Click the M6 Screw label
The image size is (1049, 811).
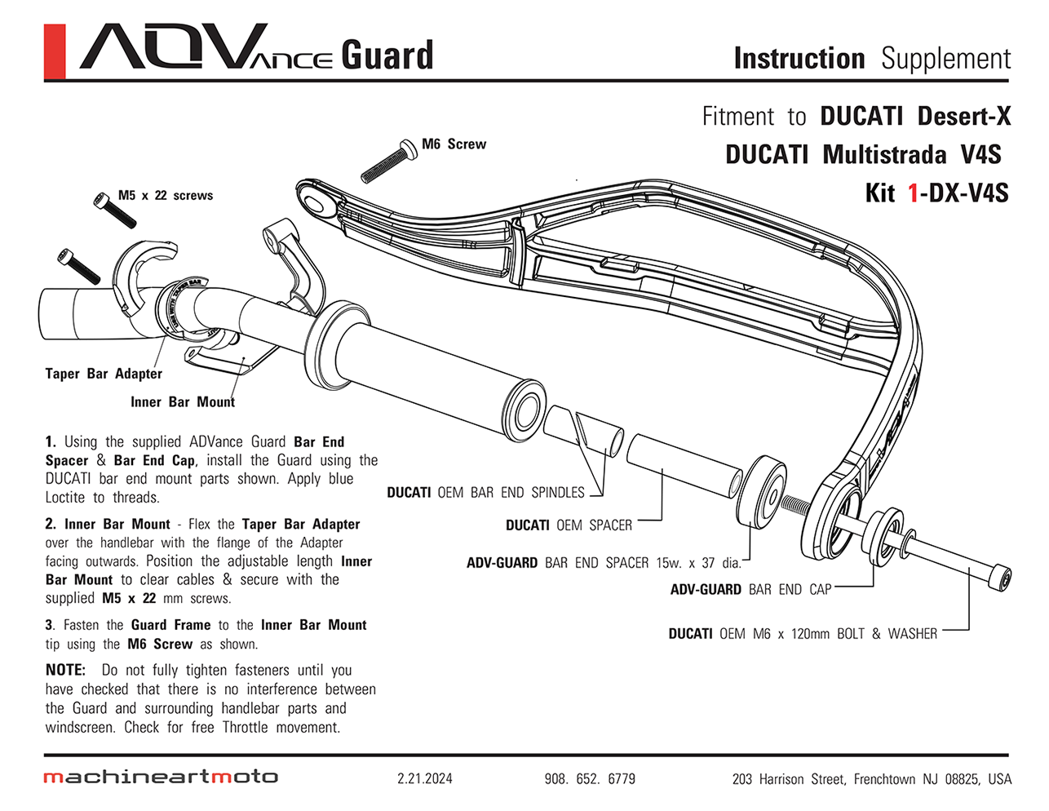[454, 144]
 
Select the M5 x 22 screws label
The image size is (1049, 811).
[166, 196]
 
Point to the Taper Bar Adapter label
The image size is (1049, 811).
[104, 374]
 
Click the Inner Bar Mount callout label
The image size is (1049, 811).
[183, 401]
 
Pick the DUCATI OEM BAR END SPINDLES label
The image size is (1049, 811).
[485, 493]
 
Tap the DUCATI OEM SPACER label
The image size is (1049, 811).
[569, 525]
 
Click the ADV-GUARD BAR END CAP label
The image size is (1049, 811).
[750, 589]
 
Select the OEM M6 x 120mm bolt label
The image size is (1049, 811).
[803, 634]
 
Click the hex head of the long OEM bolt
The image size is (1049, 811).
[1000, 578]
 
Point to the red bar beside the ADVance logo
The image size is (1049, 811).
[55, 52]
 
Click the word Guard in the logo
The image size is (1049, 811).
[387, 55]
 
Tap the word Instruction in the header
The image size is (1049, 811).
[799, 59]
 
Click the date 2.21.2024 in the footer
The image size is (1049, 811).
[424, 778]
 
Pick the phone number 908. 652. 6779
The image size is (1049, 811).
[590, 778]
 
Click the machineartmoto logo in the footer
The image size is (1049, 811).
[161, 777]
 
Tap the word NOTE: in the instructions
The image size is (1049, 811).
[65, 670]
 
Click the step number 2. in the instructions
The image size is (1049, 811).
[51, 524]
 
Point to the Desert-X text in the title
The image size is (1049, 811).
[963, 116]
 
